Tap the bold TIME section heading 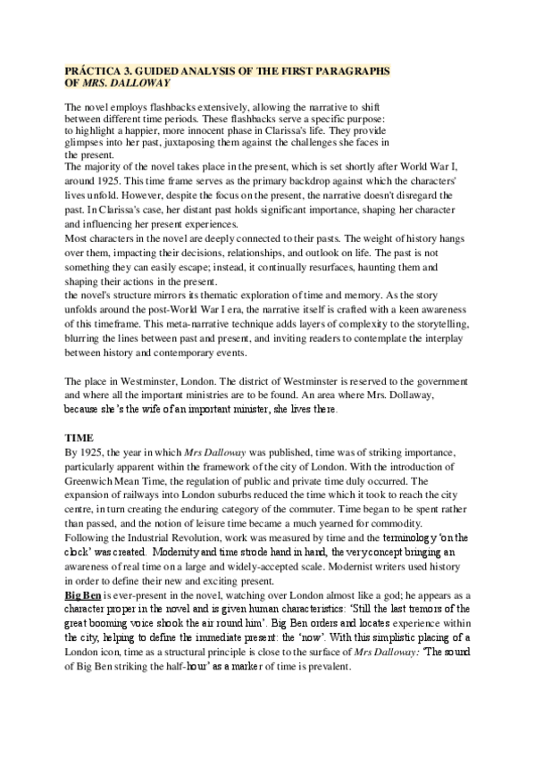tap(79, 439)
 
